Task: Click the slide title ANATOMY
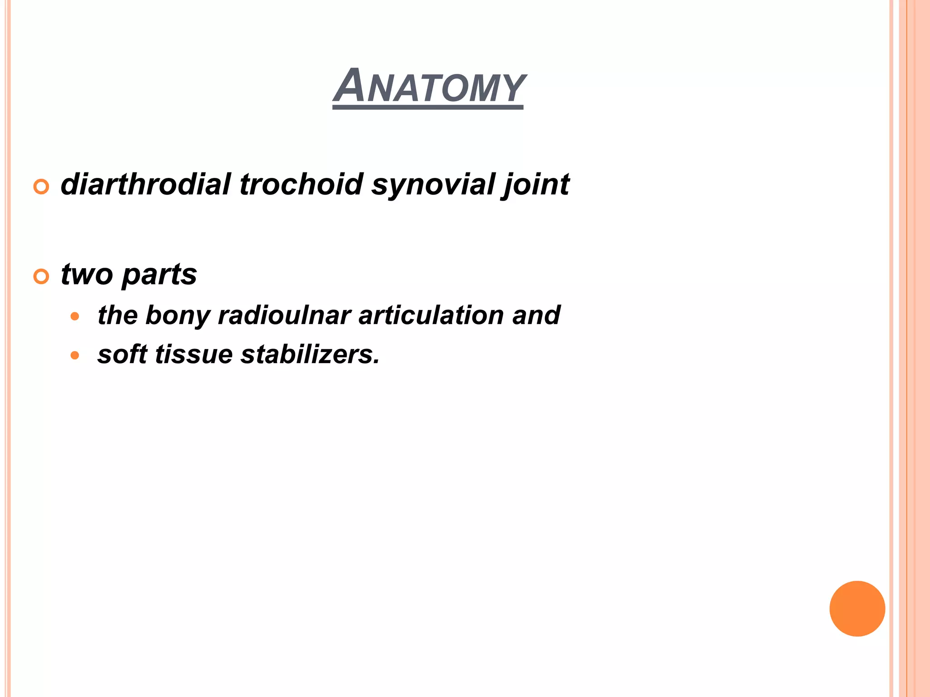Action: coord(429,86)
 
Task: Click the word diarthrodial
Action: coord(146,184)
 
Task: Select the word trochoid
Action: coord(302,184)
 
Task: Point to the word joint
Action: coord(536,185)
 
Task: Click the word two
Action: coord(87,275)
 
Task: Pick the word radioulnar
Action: coord(284,315)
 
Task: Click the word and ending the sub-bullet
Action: coord(536,315)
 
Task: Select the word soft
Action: coord(122,354)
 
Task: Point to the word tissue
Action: coord(194,354)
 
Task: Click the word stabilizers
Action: coord(310,354)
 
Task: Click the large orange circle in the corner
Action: coord(857,609)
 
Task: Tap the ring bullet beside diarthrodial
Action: coord(41,187)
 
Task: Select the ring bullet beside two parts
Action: coord(41,276)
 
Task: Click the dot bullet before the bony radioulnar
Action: coord(75,316)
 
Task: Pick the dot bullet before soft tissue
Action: coord(75,355)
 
